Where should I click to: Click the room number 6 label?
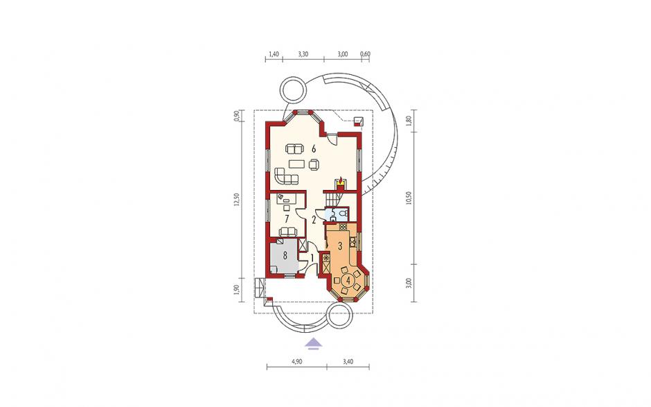pyautogui.click(x=314, y=148)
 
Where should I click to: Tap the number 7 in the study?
pyautogui.click(x=287, y=218)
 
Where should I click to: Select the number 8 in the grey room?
pyautogui.click(x=285, y=255)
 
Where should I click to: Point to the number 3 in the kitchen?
pyautogui.click(x=339, y=246)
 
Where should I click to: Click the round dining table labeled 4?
pyautogui.click(x=348, y=279)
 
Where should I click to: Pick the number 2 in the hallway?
pyautogui.click(x=314, y=218)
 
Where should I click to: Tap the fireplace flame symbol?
pyautogui.click(x=340, y=180)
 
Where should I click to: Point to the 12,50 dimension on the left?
pyautogui.click(x=236, y=199)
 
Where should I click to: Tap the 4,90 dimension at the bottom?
pyautogui.click(x=297, y=362)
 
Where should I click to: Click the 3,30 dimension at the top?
pyautogui.click(x=303, y=53)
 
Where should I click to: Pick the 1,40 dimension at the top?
pyautogui.click(x=274, y=53)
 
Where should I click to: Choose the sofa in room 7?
pyautogui.click(x=287, y=231)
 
